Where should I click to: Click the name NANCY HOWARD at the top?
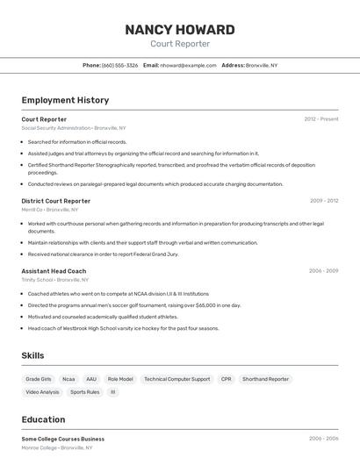(x=180, y=29)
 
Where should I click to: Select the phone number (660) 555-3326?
(x=119, y=65)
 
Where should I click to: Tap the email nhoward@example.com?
(x=187, y=65)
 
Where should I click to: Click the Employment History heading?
(x=65, y=100)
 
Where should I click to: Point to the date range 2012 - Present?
(x=321, y=119)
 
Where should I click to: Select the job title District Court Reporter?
(x=55, y=201)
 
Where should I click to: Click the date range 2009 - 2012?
(x=324, y=201)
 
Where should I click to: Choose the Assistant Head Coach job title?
(x=54, y=271)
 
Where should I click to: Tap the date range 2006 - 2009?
(x=323, y=271)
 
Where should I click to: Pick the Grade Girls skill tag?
(x=39, y=379)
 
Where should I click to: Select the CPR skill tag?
(x=227, y=379)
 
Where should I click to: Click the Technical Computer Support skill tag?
(x=177, y=379)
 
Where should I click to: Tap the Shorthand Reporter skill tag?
(x=265, y=379)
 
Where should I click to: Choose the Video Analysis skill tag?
(x=43, y=392)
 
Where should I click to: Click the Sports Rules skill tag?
(x=85, y=392)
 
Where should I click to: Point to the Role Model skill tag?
(x=120, y=379)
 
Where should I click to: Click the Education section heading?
(x=43, y=419)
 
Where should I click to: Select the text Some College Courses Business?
(x=62, y=439)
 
